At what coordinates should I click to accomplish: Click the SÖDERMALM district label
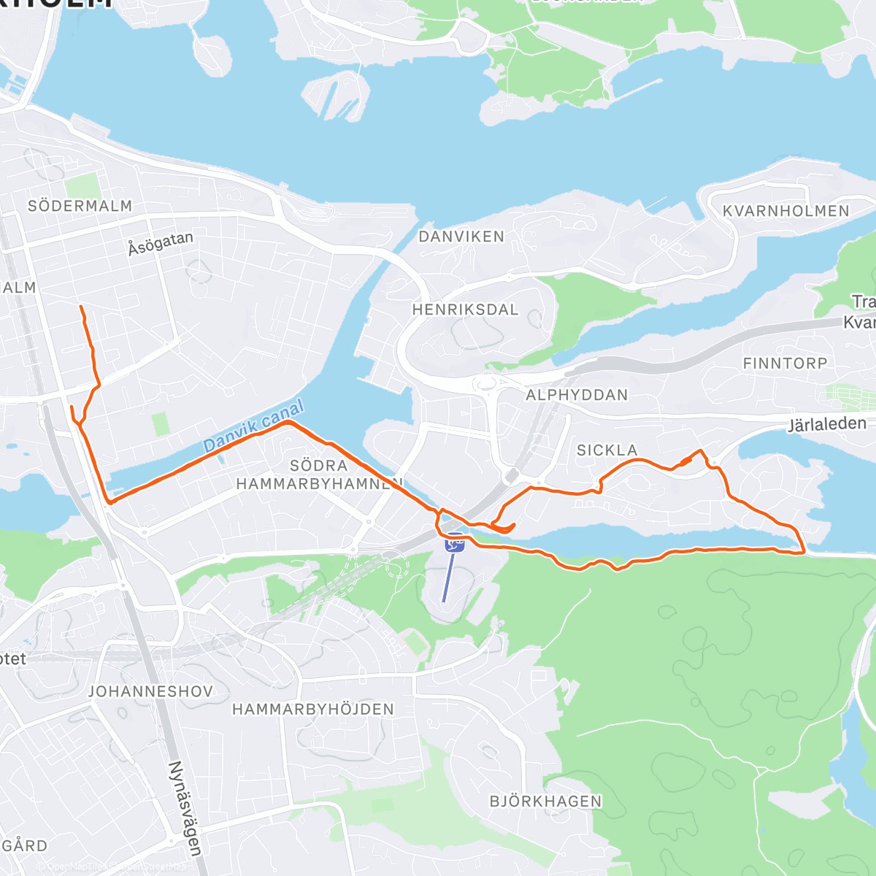80,207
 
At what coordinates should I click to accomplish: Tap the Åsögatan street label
161,243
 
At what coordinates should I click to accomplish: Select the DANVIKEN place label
461,237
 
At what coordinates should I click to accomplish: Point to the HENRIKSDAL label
465,310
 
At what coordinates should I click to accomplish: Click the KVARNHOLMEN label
786,211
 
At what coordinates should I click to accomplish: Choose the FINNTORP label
785,364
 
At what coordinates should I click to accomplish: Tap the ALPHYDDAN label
577,395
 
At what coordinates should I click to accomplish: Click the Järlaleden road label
827,424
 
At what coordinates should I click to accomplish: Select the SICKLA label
607,450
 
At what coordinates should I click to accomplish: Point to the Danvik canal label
253,426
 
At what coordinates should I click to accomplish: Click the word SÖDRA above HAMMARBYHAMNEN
318,466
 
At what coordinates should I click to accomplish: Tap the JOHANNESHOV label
150,691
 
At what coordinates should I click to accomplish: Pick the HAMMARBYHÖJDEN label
313,709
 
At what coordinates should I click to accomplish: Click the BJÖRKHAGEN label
546,801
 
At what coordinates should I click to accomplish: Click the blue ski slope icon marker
454,543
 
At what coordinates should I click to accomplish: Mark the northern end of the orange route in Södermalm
80,307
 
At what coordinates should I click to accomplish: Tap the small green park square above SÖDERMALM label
82,185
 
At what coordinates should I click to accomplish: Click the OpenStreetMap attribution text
109,867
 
